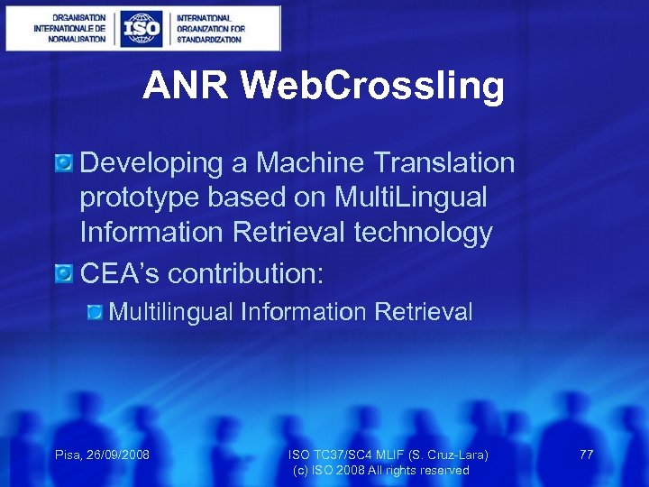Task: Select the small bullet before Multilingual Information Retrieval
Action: click(96, 312)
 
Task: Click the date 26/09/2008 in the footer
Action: click(118, 455)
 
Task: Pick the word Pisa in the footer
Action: click(68, 455)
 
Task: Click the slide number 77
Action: click(586, 455)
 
